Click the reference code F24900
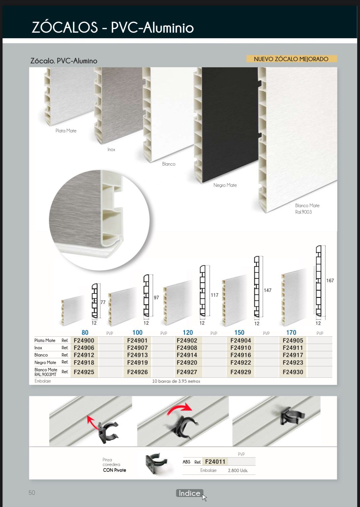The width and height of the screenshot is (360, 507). click(84, 340)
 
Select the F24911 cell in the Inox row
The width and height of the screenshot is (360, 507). click(293, 348)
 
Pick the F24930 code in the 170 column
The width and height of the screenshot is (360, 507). click(293, 372)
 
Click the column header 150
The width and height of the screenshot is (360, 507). click(239, 333)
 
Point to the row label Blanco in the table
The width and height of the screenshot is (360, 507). click(41, 355)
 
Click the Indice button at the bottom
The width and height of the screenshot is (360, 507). click(189, 493)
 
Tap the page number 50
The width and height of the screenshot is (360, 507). click(32, 492)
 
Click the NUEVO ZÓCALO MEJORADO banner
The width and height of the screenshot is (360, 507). click(291, 59)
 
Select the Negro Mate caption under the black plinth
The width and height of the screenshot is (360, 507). click(225, 185)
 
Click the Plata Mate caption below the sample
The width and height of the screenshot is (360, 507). click(66, 131)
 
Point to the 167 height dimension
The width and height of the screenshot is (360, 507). click(330, 281)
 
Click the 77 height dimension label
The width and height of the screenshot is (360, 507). click(103, 302)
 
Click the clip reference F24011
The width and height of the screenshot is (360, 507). click(215, 461)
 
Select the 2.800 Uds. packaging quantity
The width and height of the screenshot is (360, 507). click(238, 470)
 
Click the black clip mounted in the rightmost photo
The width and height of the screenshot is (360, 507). click(291, 416)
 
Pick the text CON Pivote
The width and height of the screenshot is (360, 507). click(114, 470)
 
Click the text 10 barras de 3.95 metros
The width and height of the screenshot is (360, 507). click(176, 381)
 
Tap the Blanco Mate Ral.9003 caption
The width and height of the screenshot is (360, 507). click(307, 209)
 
